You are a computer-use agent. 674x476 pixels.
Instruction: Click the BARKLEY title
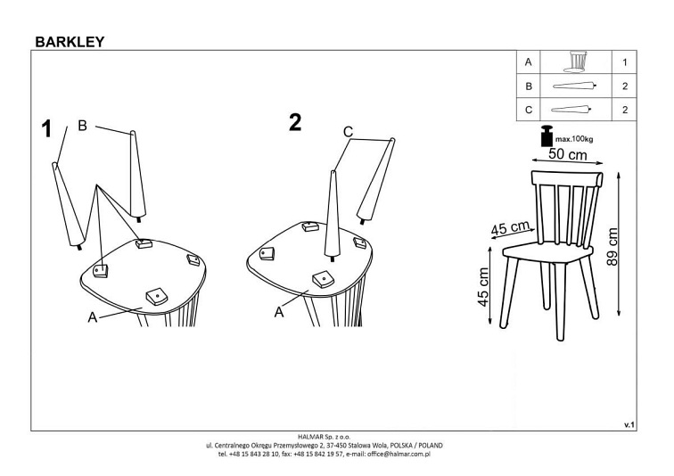(70, 42)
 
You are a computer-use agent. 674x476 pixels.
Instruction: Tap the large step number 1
(46, 129)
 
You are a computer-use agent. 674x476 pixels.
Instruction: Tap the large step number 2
(295, 122)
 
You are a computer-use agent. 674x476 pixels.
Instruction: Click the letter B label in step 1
(82, 126)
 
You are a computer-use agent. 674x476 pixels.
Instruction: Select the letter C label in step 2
(349, 131)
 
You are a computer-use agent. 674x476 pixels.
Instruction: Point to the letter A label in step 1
(93, 317)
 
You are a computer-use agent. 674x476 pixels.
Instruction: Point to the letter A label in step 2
(279, 312)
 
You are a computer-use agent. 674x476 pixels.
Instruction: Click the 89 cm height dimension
(612, 246)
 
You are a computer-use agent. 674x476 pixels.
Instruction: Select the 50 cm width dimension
(567, 154)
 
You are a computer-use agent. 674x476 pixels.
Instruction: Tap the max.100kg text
(574, 139)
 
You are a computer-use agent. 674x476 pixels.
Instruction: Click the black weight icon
(547, 135)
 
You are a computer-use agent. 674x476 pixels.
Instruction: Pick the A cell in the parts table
(529, 62)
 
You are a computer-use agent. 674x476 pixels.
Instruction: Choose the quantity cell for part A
(624, 62)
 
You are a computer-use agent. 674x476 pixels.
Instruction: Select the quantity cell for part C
(624, 110)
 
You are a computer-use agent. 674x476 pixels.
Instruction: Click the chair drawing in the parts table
(576, 62)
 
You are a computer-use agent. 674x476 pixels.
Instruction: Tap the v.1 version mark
(629, 425)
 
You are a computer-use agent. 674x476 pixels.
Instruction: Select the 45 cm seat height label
(483, 287)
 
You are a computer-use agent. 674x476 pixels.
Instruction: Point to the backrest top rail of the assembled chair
(567, 178)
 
